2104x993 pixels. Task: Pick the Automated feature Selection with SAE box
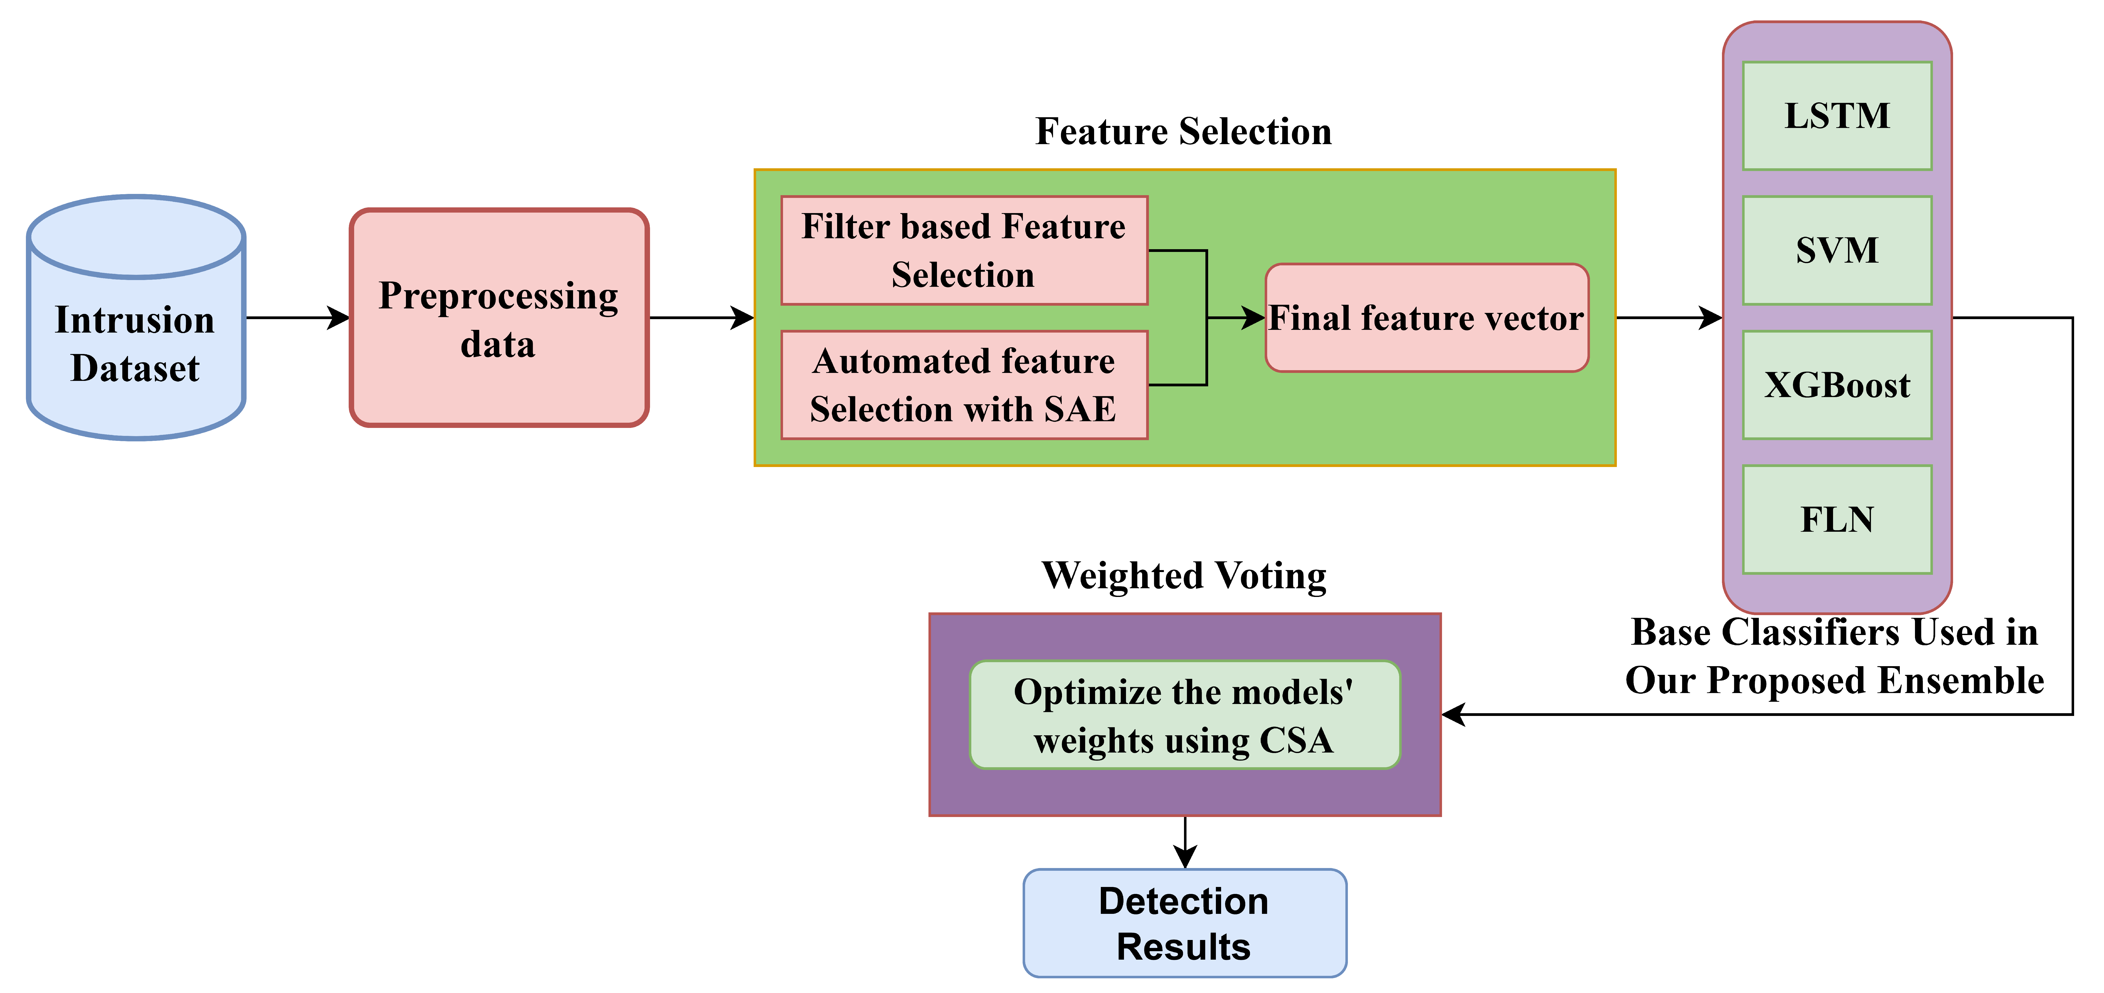(x=964, y=385)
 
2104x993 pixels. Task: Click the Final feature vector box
(x=1426, y=318)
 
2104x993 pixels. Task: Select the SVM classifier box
(x=1837, y=250)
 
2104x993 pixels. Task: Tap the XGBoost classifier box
(x=1837, y=385)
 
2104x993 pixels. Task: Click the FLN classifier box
(x=1837, y=519)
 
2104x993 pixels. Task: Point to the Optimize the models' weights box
(x=1184, y=715)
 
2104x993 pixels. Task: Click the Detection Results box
(x=1184, y=923)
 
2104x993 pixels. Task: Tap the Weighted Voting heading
(x=1184, y=576)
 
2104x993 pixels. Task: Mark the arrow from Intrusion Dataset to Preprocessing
(x=298, y=318)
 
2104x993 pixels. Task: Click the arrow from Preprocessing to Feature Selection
(x=701, y=318)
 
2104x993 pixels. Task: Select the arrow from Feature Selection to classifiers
(x=1669, y=318)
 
